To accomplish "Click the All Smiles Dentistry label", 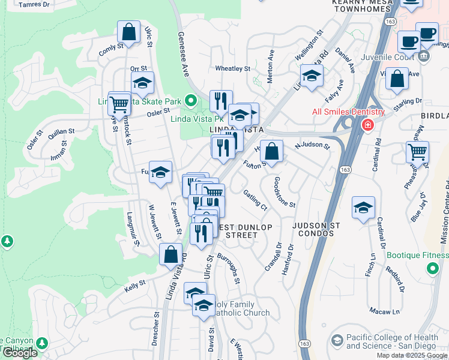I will (348, 112).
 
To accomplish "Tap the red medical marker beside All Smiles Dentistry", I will (367, 125).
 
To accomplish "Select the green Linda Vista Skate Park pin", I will (191, 101).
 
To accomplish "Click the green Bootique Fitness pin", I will (432, 270).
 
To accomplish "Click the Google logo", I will (19, 353).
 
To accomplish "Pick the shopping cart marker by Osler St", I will (119, 104).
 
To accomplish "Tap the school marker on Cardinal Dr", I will (363, 208).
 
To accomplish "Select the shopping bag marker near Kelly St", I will (171, 254).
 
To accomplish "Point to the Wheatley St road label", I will (232, 69).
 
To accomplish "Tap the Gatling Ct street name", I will (255, 199).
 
